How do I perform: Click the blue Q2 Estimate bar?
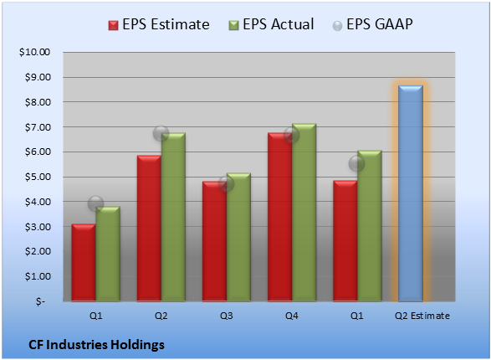click(411, 193)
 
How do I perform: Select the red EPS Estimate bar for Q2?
click(149, 228)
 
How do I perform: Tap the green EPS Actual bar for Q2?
click(173, 217)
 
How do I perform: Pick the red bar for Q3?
click(214, 241)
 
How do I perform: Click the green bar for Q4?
click(304, 213)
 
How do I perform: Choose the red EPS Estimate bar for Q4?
click(280, 217)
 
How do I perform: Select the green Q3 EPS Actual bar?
click(238, 237)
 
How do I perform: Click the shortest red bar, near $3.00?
click(84, 263)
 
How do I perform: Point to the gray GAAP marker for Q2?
click(161, 133)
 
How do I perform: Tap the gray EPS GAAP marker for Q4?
click(292, 135)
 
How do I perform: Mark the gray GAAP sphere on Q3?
click(226, 183)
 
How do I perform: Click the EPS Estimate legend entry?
click(159, 24)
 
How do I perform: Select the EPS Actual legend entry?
click(271, 24)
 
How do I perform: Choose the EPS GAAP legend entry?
click(372, 24)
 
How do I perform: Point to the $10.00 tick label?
click(34, 52)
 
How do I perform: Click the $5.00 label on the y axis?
click(38, 177)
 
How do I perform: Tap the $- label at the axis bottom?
click(40, 301)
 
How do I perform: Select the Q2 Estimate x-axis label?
click(422, 316)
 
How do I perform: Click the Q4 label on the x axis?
click(292, 316)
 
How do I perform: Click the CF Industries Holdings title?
click(96, 345)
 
